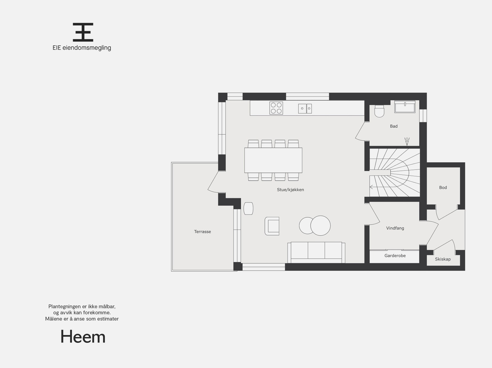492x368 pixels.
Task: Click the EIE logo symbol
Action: (x=83, y=32)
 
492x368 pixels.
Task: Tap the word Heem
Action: (x=83, y=337)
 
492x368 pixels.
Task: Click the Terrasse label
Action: (x=202, y=232)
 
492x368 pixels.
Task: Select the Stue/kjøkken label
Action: (x=290, y=190)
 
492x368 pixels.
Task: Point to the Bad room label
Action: (x=394, y=126)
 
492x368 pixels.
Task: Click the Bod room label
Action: (x=443, y=187)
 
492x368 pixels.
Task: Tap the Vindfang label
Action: (x=395, y=228)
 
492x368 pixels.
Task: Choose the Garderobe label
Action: (x=395, y=256)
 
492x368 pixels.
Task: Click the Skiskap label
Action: (x=442, y=259)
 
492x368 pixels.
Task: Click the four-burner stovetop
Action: (x=276, y=108)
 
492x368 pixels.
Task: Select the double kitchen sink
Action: (x=305, y=108)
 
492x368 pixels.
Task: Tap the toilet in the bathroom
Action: (x=379, y=111)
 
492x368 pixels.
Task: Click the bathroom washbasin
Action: (x=405, y=107)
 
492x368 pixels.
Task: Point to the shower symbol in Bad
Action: (x=407, y=141)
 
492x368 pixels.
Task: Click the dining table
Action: (x=273, y=160)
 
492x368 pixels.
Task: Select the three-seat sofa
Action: (x=316, y=252)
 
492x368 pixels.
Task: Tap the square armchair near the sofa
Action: (x=272, y=226)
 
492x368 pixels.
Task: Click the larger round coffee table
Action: (x=320, y=225)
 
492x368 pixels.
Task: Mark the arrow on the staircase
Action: (x=371, y=187)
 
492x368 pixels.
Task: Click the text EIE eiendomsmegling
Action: (x=81, y=48)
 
